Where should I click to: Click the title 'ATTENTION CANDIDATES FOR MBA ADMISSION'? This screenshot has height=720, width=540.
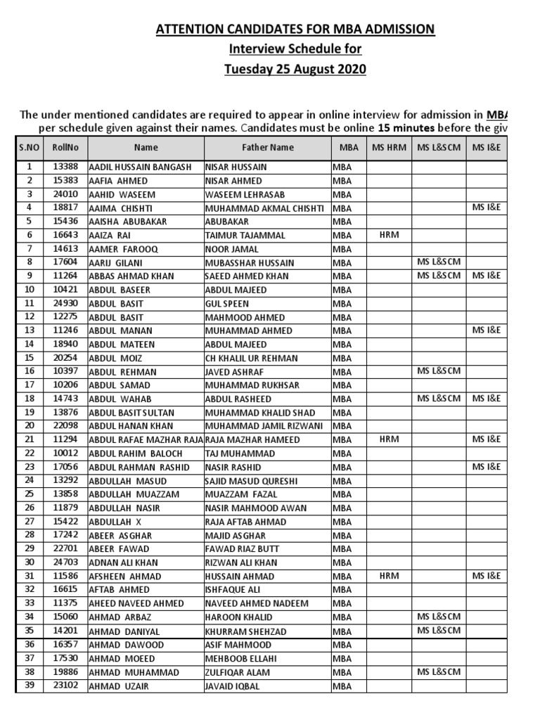[x=295, y=29]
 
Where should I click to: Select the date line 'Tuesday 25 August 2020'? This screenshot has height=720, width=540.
[x=295, y=69]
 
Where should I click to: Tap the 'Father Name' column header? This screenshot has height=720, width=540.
[x=267, y=148]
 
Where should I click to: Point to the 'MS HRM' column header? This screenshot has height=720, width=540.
[x=389, y=148]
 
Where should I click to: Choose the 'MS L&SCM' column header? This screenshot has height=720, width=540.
[x=439, y=148]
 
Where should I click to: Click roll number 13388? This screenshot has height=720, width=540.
[x=65, y=167]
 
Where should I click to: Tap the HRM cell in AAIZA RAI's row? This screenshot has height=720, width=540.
[x=389, y=235]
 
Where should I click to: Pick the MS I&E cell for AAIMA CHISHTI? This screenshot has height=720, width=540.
[x=487, y=207]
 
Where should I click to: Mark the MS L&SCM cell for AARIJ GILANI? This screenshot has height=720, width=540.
[x=439, y=262]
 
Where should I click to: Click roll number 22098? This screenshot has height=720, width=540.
[x=65, y=425]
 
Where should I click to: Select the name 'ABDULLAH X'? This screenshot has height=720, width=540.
[x=117, y=522]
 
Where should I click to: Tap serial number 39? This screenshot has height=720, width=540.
[x=30, y=686]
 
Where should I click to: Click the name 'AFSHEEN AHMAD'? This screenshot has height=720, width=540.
[x=125, y=577]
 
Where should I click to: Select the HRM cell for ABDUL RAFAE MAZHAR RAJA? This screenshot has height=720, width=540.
[x=389, y=439]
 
